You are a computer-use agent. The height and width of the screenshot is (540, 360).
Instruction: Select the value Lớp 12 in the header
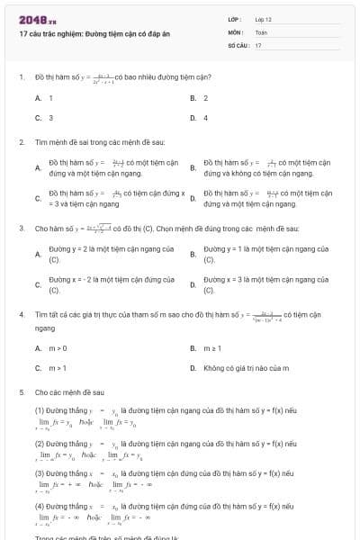pos(264,19)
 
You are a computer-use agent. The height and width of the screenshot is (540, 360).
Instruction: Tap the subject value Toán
pos(261,31)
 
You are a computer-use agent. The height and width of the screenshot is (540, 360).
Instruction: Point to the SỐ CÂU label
pos(237,44)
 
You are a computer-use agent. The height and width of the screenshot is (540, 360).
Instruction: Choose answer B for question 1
pos(199,97)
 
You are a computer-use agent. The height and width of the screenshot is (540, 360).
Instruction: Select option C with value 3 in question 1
pos(44,117)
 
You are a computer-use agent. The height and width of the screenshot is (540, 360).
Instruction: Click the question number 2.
pos(21,142)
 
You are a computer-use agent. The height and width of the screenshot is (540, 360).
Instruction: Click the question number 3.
pos(21,229)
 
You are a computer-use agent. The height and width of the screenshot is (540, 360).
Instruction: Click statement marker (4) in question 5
pos(40,506)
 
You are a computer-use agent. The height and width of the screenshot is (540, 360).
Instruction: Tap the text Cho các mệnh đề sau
pos(69,392)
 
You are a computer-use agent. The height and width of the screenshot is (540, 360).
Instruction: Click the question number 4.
pos(21,315)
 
